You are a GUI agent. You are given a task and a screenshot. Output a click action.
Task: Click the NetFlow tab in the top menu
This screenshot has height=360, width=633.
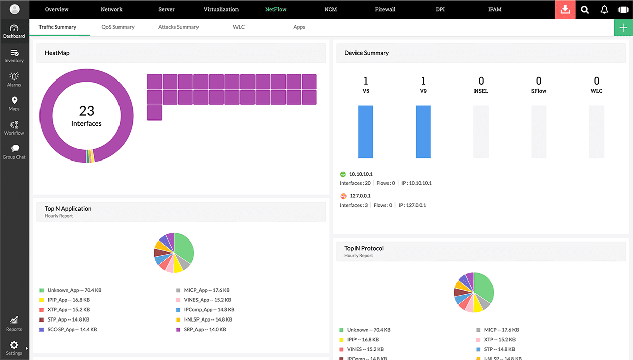tap(275, 9)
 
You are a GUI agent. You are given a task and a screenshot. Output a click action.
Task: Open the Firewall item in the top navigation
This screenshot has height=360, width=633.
tap(385, 9)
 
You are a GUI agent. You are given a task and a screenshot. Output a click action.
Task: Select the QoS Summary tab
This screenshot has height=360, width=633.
tap(118, 27)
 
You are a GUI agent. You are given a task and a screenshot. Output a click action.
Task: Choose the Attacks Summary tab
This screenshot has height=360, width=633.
tap(178, 27)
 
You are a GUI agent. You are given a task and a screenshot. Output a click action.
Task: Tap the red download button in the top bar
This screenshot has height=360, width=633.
tap(565, 10)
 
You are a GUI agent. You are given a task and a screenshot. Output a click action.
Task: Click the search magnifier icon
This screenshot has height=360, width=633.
tap(585, 10)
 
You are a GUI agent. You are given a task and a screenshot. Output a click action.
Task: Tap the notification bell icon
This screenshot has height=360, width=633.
tap(604, 10)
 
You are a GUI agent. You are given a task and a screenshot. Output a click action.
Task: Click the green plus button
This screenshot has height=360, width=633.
tap(623, 27)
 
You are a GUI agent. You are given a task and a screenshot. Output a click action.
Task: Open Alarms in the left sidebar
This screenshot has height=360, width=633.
tap(14, 79)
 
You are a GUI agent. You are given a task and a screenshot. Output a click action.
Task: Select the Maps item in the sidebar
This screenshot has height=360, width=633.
tap(14, 104)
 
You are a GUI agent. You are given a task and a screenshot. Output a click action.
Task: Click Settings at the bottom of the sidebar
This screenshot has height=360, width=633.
tap(14, 348)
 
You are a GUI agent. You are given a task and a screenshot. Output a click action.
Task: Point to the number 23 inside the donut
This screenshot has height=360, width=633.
tap(87, 111)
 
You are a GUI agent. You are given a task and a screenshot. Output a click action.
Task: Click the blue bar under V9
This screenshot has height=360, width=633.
tap(423, 132)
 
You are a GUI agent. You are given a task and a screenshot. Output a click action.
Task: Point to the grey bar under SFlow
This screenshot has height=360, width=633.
tap(539, 132)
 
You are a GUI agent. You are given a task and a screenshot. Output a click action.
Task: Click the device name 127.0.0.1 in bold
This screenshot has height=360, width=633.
tap(360, 196)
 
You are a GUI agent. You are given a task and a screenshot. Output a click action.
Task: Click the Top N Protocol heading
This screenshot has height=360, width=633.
tap(364, 248)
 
